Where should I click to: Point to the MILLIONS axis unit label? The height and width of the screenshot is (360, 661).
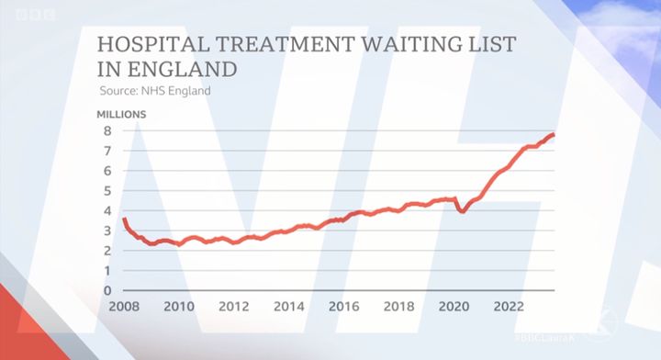point(122,115)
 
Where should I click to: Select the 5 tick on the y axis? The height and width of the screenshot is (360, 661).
point(107,190)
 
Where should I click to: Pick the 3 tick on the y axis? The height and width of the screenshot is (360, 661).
point(107,231)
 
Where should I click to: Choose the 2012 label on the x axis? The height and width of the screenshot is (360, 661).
point(234,306)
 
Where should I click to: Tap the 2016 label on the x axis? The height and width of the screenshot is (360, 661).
point(344,306)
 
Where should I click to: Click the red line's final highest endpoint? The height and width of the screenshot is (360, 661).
point(553,135)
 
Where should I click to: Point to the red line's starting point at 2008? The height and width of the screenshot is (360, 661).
point(123,219)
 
